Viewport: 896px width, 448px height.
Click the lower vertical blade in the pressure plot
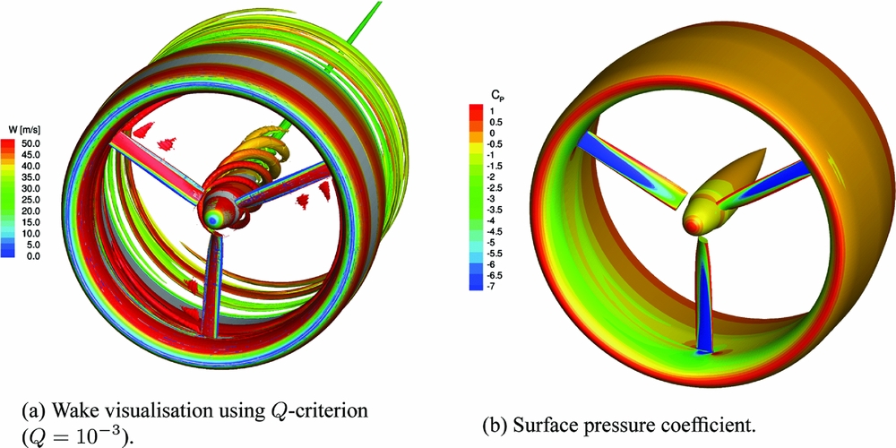[706, 296]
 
